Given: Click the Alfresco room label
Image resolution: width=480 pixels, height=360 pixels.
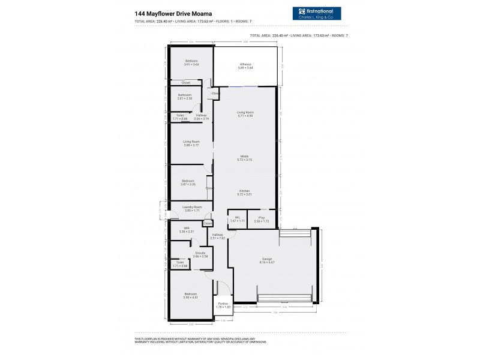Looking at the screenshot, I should click(x=245, y=65).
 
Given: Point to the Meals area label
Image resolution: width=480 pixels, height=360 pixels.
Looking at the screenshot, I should click(x=245, y=158).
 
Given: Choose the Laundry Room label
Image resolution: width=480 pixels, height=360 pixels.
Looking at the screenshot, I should click(x=193, y=208).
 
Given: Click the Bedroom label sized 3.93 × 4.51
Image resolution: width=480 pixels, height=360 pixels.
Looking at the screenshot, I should click(x=190, y=295).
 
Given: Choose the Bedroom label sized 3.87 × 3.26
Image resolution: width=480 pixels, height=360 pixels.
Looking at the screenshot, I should click(x=188, y=182).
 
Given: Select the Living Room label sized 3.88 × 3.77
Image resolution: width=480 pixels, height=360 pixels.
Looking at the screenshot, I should click(x=191, y=143).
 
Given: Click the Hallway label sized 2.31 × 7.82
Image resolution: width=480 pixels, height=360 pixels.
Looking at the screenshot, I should click(x=217, y=236).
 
